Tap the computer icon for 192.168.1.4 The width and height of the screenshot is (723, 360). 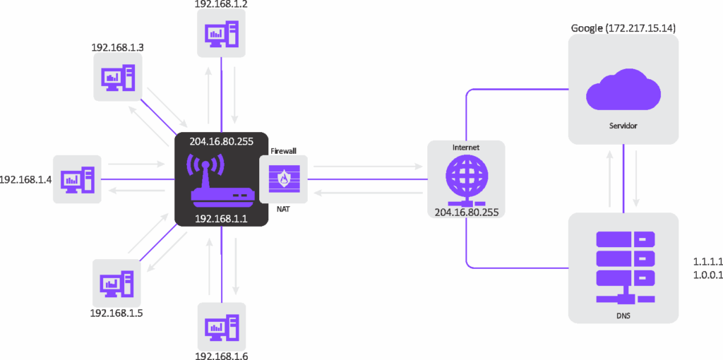point(77,179)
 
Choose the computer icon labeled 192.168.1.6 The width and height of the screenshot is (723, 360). point(222,326)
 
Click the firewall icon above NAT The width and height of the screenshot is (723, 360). point(284,179)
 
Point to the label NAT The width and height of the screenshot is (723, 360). point(284,209)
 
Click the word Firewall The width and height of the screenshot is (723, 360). point(284,150)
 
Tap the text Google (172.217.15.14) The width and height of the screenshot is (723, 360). point(623,28)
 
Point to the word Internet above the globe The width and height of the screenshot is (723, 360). point(466,148)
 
